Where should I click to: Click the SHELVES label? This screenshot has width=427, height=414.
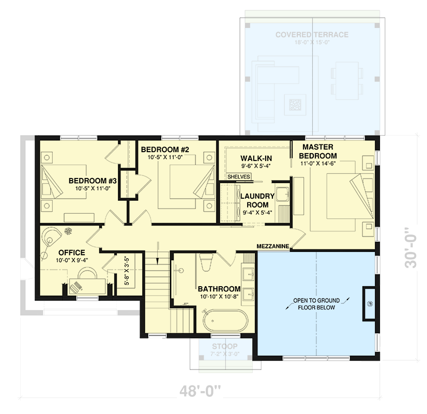pyautogui.click(x=239, y=177)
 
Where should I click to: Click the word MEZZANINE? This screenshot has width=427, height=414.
pyautogui.click(x=272, y=246)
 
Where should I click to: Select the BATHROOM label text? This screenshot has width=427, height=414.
pyautogui.click(x=219, y=289)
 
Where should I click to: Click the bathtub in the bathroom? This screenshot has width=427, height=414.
pyautogui.click(x=224, y=321)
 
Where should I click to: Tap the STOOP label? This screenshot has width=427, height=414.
pyautogui.click(x=224, y=346)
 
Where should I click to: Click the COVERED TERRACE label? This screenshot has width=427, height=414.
pyautogui.click(x=312, y=35)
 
